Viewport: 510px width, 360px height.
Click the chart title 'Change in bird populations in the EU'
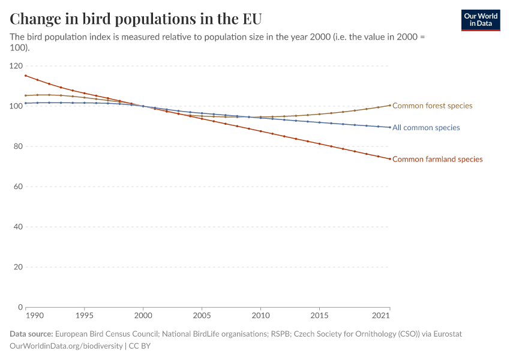[x=136, y=18]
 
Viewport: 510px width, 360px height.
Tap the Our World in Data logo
[x=480, y=20]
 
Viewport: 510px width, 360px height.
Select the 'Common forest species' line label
[x=432, y=106]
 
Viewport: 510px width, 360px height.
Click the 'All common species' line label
[x=426, y=128]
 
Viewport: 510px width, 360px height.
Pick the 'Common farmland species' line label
[x=437, y=159]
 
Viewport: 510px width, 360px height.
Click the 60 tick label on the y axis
[x=18, y=187]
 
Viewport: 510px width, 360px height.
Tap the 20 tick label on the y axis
[x=18, y=267]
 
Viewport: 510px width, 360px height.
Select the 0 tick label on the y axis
[x=20, y=307]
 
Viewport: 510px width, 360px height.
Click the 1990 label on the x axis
[x=34, y=316]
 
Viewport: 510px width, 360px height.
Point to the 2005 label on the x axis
[x=202, y=316]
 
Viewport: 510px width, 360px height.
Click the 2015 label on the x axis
[x=319, y=316]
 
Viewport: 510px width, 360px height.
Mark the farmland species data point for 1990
[x=26, y=76]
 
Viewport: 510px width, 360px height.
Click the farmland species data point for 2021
[x=390, y=159]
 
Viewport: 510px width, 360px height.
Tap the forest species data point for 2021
[x=390, y=105]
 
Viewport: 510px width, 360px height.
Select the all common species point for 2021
[x=390, y=127]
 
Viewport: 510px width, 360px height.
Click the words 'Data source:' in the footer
[x=31, y=334]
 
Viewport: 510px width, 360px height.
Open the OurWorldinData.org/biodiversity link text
[x=66, y=346]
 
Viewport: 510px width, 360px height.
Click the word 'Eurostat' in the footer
[x=446, y=334]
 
